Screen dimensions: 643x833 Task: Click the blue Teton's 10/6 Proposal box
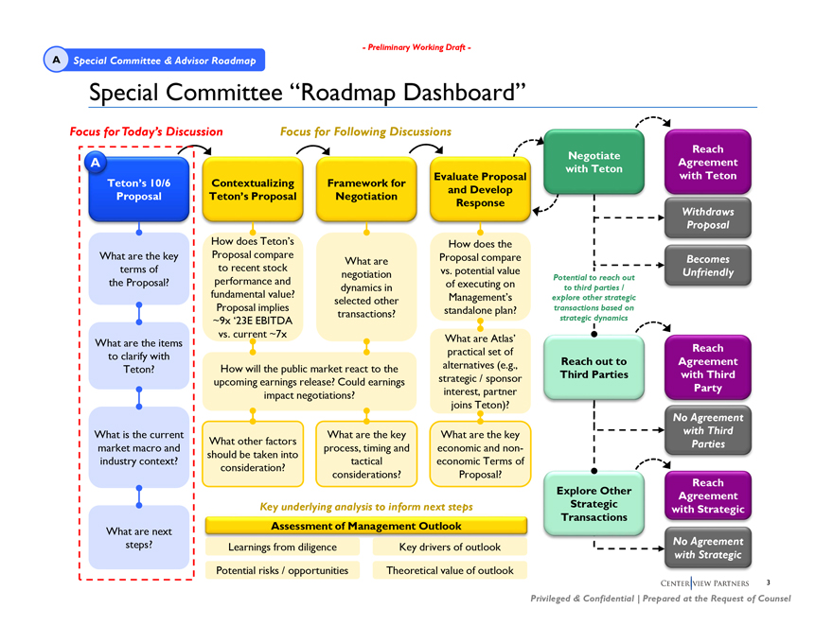tap(138, 189)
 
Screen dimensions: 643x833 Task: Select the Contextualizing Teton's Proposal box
tap(253, 189)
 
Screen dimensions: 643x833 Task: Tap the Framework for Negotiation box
tap(366, 189)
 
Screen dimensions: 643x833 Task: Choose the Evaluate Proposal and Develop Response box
tap(480, 189)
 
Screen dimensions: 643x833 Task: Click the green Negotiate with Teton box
tap(594, 162)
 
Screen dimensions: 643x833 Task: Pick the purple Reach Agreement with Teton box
tap(707, 163)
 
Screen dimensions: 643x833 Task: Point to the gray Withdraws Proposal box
tap(707, 218)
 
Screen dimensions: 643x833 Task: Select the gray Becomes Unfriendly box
tap(707, 266)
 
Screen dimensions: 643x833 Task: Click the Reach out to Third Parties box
tap(594, 368)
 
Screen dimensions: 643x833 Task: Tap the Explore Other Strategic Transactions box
tap(594, 503)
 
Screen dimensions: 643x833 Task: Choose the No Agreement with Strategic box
tap(707, 547)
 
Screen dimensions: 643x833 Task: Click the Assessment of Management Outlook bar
tap(366, 526)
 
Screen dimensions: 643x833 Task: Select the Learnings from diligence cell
tap(283, 547)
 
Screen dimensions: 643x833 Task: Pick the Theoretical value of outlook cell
tap(450, 570)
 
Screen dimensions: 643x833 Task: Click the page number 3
tap(769, 582)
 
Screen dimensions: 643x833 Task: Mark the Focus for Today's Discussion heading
tap(147, 131)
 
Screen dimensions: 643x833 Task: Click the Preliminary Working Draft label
tap(416, 48)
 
